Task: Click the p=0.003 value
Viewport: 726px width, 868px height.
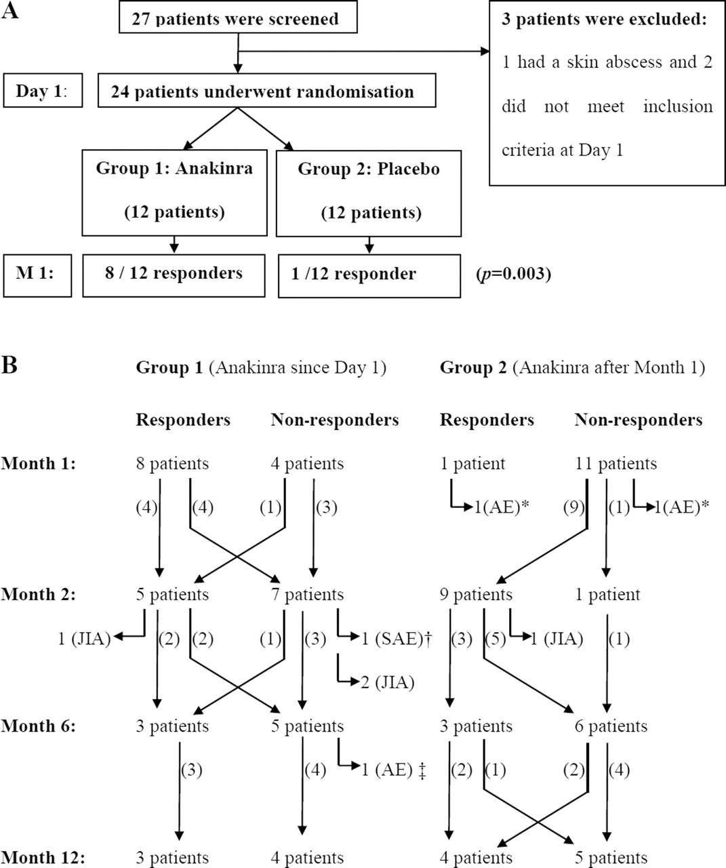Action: click(514, 274)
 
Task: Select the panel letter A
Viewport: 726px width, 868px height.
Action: click(10, 10)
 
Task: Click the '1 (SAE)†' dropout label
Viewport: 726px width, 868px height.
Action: click(397, 639)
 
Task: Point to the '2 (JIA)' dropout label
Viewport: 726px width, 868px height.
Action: click(388, 683)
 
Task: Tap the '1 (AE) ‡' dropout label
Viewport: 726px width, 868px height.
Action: click(394, 770)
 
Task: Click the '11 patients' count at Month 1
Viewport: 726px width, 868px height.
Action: click(616, 463)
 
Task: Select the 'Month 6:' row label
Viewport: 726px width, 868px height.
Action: click(38, 726)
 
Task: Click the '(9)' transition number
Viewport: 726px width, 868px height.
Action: click(574, 508)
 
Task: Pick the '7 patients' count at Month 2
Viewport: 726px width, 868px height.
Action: click(308, 595)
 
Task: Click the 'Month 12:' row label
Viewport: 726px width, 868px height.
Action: click(43, 857)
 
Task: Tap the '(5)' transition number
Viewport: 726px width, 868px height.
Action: click(496, 639)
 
